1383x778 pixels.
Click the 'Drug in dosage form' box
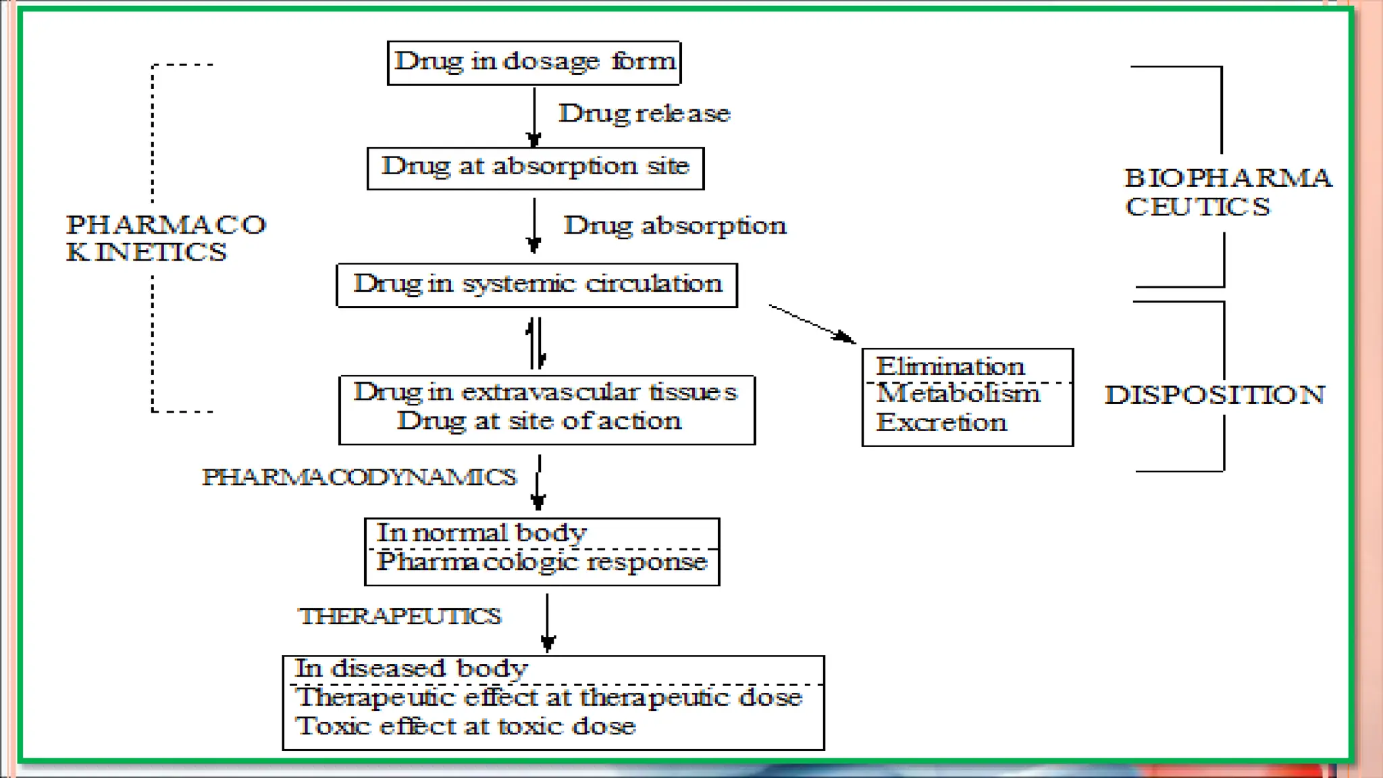[534, 62]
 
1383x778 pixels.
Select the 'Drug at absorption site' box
[536, 167]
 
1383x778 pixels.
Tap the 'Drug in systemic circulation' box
[537, 284]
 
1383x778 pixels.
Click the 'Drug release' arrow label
[644, 113]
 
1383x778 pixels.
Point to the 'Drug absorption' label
[675, 226]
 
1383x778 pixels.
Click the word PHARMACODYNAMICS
[359, 477]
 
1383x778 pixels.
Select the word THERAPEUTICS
[400, 616]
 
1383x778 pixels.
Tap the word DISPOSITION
[1214, 394]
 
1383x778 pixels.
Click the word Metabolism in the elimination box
[958, 394]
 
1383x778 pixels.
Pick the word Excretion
[941, 423]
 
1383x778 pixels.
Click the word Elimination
[950, 367]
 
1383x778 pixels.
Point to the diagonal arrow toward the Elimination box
[812, 323]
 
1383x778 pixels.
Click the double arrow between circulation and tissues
[536, 343]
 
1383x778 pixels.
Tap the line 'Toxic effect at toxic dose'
[465, 727]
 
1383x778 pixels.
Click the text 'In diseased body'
[411, 669]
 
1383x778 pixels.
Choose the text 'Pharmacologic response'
[542, 562]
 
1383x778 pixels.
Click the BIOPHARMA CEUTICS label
[1226, 192]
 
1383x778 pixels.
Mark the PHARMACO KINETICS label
[165, 238]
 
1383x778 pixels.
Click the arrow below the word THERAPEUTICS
[548, 622]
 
